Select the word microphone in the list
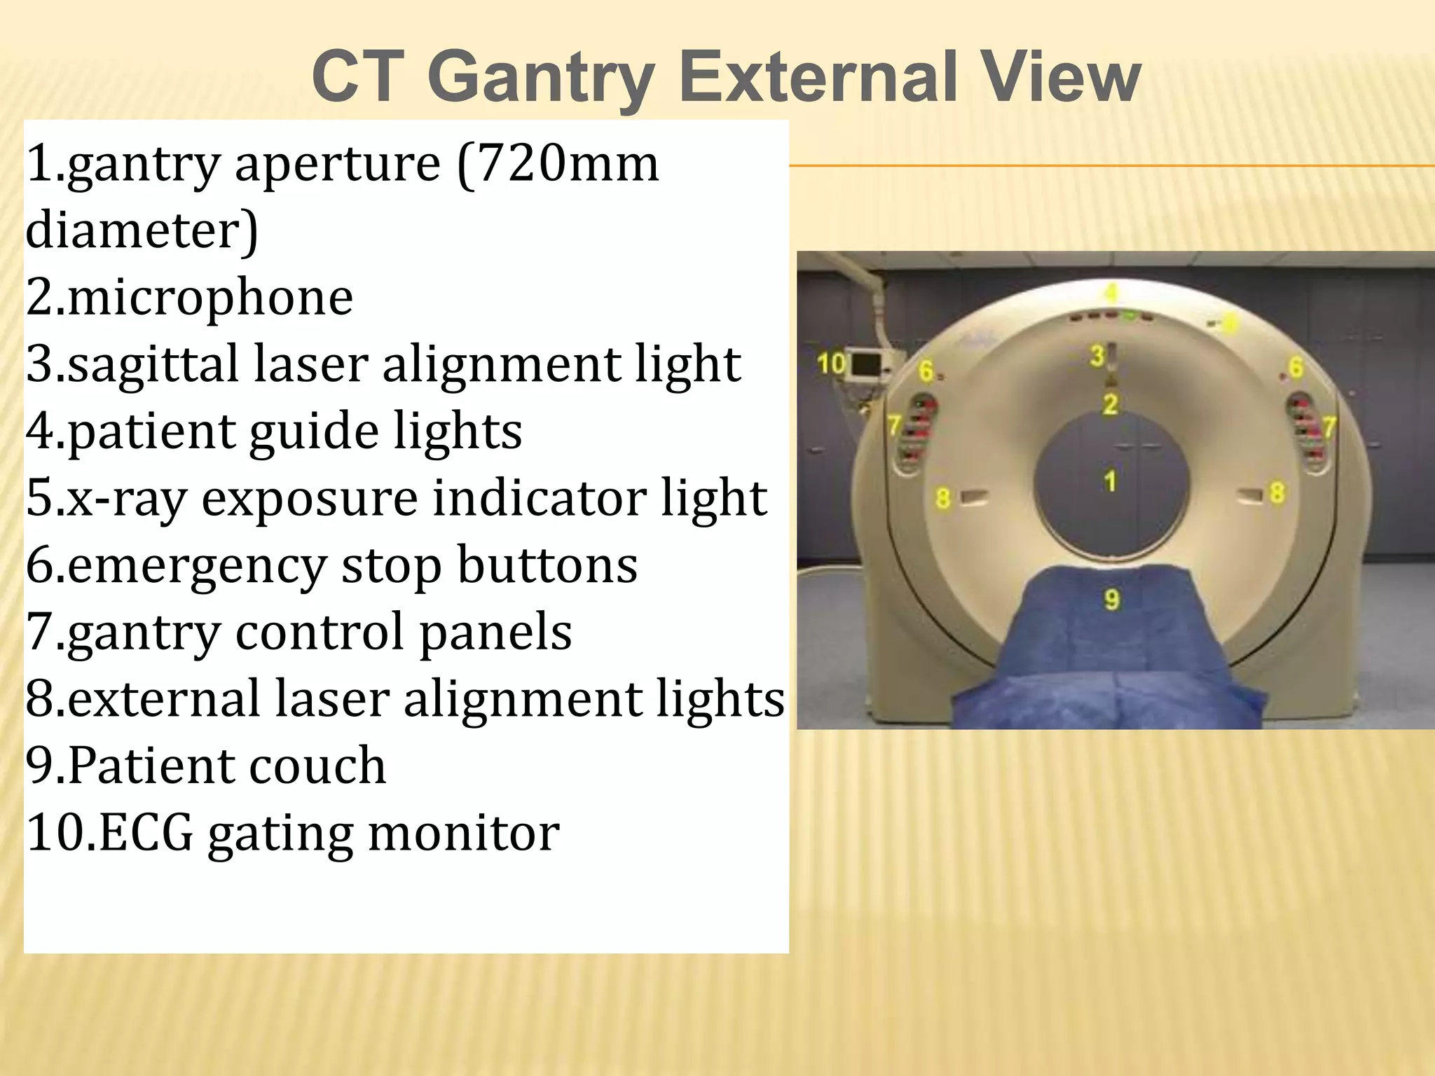210,298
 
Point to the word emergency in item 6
198,566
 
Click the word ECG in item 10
146,832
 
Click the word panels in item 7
496,632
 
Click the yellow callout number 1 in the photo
1110,481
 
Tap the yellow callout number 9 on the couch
1111,600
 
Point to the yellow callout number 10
832,364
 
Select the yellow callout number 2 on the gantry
1110,404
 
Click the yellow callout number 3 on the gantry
1097,356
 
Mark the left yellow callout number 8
943,498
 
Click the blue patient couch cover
1114,651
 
